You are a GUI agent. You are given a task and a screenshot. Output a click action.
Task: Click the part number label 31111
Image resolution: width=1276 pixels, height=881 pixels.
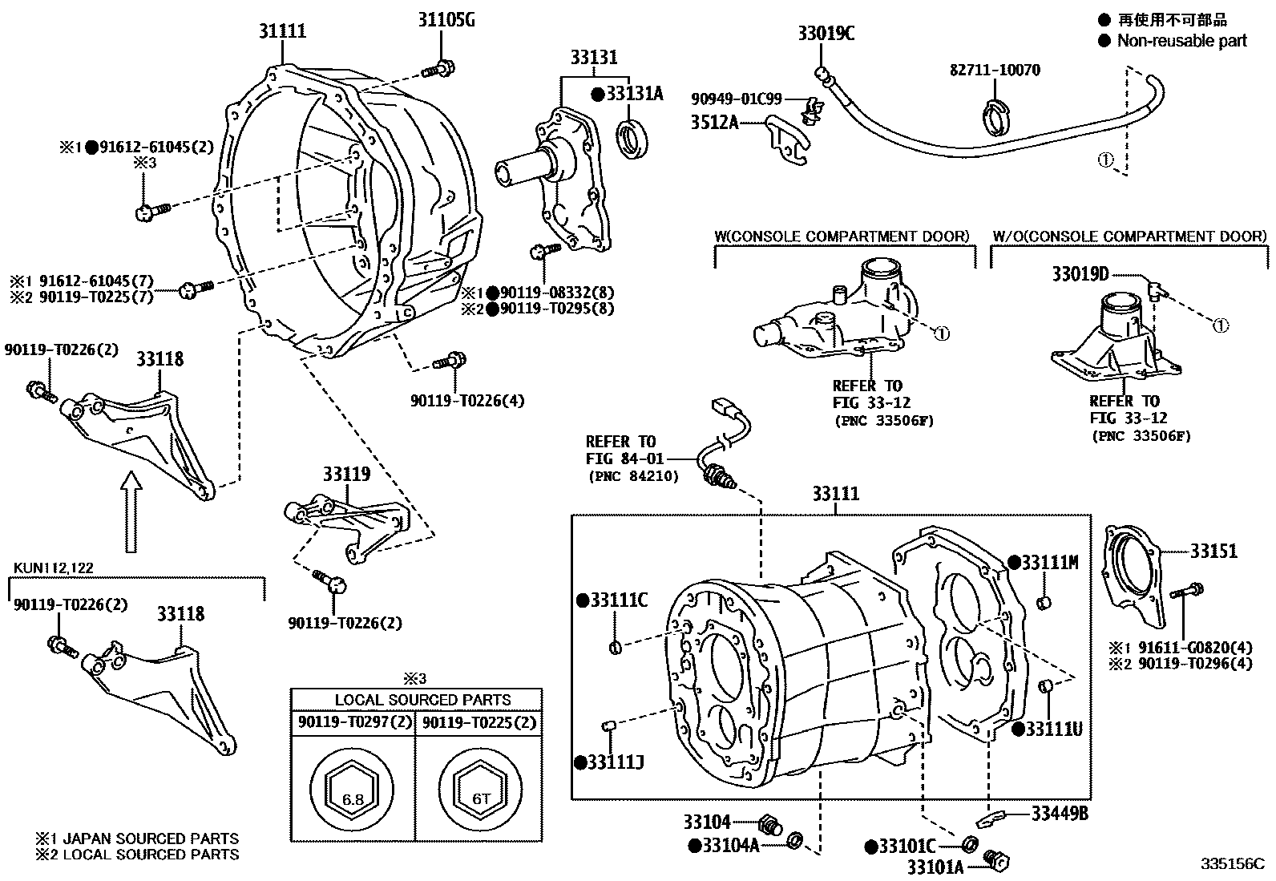(x=282, y=31)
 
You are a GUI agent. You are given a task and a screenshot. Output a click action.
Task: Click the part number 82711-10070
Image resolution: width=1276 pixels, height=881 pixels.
(x=995, y=71)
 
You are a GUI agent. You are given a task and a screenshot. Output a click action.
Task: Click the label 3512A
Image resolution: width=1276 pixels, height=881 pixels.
(x=715, y=123)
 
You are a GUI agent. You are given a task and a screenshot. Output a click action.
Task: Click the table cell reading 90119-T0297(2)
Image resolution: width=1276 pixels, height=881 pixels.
(x=353, y=722)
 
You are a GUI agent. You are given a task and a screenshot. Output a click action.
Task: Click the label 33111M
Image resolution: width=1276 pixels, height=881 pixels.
(x=1050, y=563)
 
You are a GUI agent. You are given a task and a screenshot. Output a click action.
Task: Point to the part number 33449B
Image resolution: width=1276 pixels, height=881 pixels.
(x=1059, y=814)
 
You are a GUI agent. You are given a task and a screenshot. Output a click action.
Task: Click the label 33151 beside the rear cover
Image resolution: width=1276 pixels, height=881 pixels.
(x=1213, y=551)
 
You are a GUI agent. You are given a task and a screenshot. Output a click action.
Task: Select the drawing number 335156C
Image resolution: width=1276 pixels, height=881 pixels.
(x=1231, y=864)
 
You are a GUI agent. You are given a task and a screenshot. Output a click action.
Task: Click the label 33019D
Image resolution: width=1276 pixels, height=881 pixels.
(x=1080, y=275)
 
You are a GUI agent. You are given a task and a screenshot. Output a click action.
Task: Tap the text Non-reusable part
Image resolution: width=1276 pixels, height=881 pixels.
(x=1181, y=40)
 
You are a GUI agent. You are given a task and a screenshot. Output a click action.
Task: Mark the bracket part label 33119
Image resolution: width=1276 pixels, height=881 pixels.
(x=347, y=474)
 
